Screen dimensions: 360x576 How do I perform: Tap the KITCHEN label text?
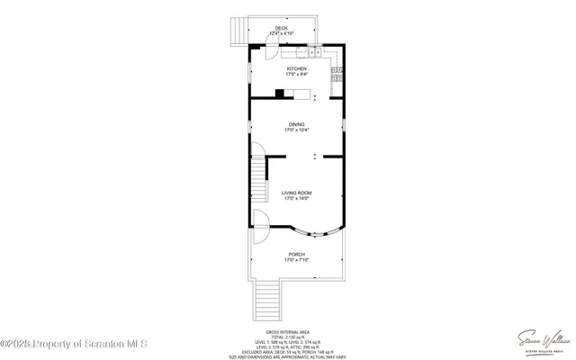point(296,68)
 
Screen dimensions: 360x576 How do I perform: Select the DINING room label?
point(296,124)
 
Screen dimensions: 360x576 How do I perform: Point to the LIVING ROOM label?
point(296,193)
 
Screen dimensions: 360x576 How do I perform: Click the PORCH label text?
point(296,255)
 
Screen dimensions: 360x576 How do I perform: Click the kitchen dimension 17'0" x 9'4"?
point(296,75)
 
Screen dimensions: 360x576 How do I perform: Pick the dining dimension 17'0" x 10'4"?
point(296,130)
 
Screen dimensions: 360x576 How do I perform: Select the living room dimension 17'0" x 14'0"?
point(296,199)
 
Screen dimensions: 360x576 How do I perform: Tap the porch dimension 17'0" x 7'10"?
point(296,261)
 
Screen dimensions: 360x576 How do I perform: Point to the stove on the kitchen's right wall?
point(337,69)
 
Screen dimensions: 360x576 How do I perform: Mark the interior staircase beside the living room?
point(259,178)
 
